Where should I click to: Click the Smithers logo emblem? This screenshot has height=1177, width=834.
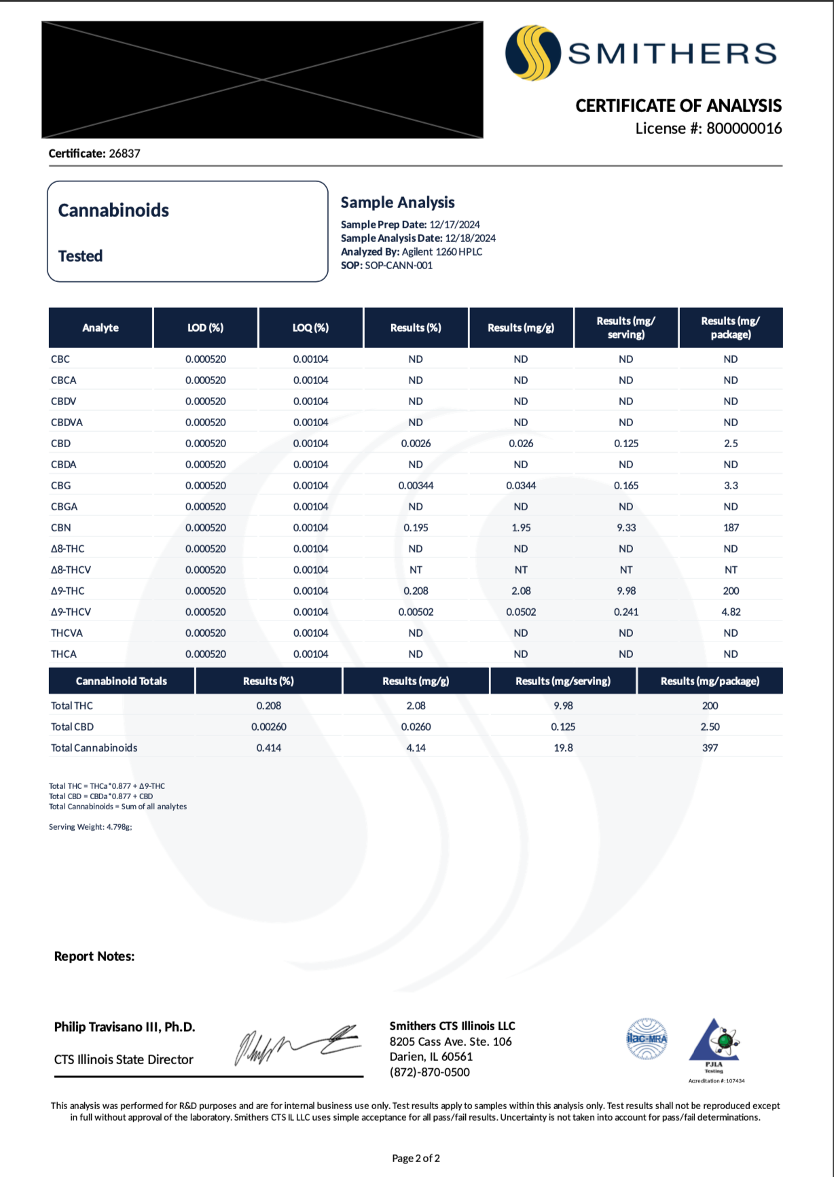coord(532,53)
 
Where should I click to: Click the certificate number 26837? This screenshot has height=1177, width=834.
coord(124,154)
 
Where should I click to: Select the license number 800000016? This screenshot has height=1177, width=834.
coord(744,128)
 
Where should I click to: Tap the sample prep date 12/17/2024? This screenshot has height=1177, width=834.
coord(454,225)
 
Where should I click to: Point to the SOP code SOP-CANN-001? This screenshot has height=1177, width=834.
coord(399,266)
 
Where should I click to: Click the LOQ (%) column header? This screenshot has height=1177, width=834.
coord(310,328)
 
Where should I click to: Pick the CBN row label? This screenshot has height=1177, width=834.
coord(61,528)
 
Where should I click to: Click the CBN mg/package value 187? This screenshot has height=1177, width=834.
coord(731,528)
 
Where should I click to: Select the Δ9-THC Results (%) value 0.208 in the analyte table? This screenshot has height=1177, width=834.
coord(416,591)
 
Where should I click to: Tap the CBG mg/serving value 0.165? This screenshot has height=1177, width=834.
coord(625,486)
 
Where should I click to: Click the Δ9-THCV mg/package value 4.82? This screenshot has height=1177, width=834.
coord(731,612)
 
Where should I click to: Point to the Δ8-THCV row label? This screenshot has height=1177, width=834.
coord(71,570)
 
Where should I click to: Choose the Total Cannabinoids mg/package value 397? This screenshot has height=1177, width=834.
coord(710,748)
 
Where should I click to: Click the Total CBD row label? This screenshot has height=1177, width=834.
coord(73,727)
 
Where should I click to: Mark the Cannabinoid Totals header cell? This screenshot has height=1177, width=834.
coord(122,681)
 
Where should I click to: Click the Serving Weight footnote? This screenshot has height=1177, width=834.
coord(90,827)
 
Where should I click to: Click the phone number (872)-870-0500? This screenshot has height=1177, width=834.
coord(429,1072)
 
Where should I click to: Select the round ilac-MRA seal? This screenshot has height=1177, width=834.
coord(647,1038)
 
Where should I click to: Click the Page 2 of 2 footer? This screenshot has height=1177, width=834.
coord(416,1159)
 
